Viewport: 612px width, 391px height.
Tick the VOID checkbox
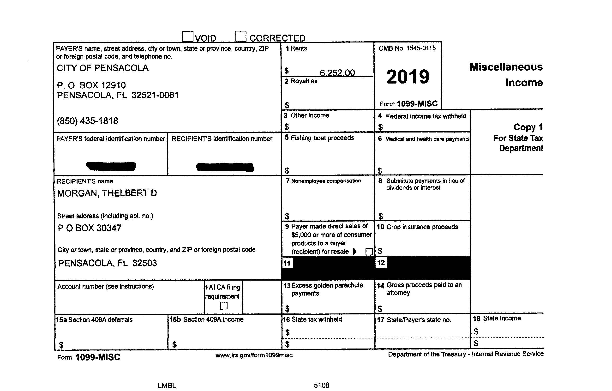click(x=188, y=36)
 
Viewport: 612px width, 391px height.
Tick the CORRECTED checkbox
click(x=240, y=36)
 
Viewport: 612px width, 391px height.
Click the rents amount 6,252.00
click(x=337, y=73)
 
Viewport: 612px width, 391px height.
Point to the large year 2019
click(x=408, y=77)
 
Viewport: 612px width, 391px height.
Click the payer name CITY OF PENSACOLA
click(x=102, y=68)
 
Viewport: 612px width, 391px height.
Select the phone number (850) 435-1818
click(x=87, y=121)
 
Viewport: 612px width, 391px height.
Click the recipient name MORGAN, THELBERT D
click(x=107, y=193)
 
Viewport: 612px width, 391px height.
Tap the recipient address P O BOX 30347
click(x=90, y=228)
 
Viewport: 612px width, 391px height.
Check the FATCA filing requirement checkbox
click(x=224, y=305)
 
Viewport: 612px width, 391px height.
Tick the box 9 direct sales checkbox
click(x=369, y=252)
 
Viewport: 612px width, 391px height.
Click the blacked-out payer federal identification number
click(x=111, y=166)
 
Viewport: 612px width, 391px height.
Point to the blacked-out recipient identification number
click(x=225, y=167)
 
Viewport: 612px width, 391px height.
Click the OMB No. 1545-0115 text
click(x=407, y=48)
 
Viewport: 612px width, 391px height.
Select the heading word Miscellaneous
click(x=506, y=67)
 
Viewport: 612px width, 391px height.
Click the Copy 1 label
click(x=528, y=127)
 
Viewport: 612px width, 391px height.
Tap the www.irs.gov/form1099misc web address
click(x=254, y=355)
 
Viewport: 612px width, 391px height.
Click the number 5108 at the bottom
click(x=321, y=385)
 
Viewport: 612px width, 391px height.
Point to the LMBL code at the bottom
click(x=167, y=386)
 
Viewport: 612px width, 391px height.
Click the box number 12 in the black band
click(x=381, y=263)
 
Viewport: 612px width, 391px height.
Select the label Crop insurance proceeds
click(x=422, y=227)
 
